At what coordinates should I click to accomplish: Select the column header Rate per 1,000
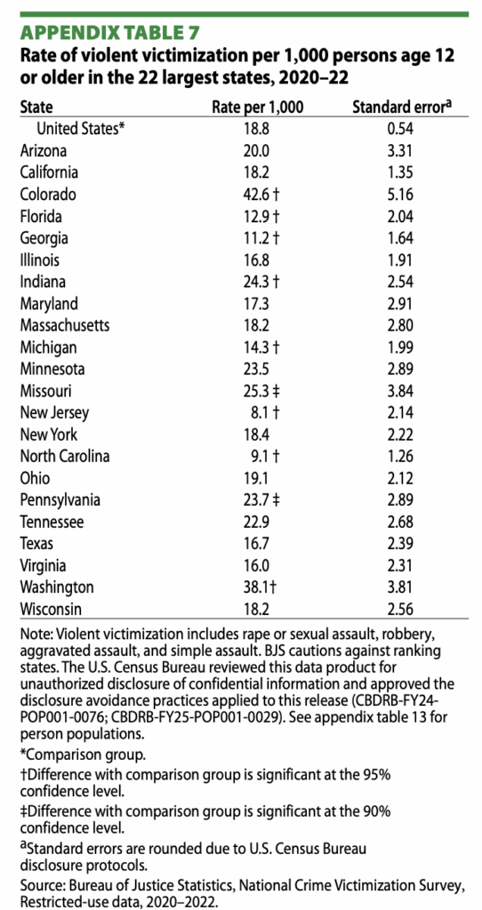(x=258, y=107)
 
